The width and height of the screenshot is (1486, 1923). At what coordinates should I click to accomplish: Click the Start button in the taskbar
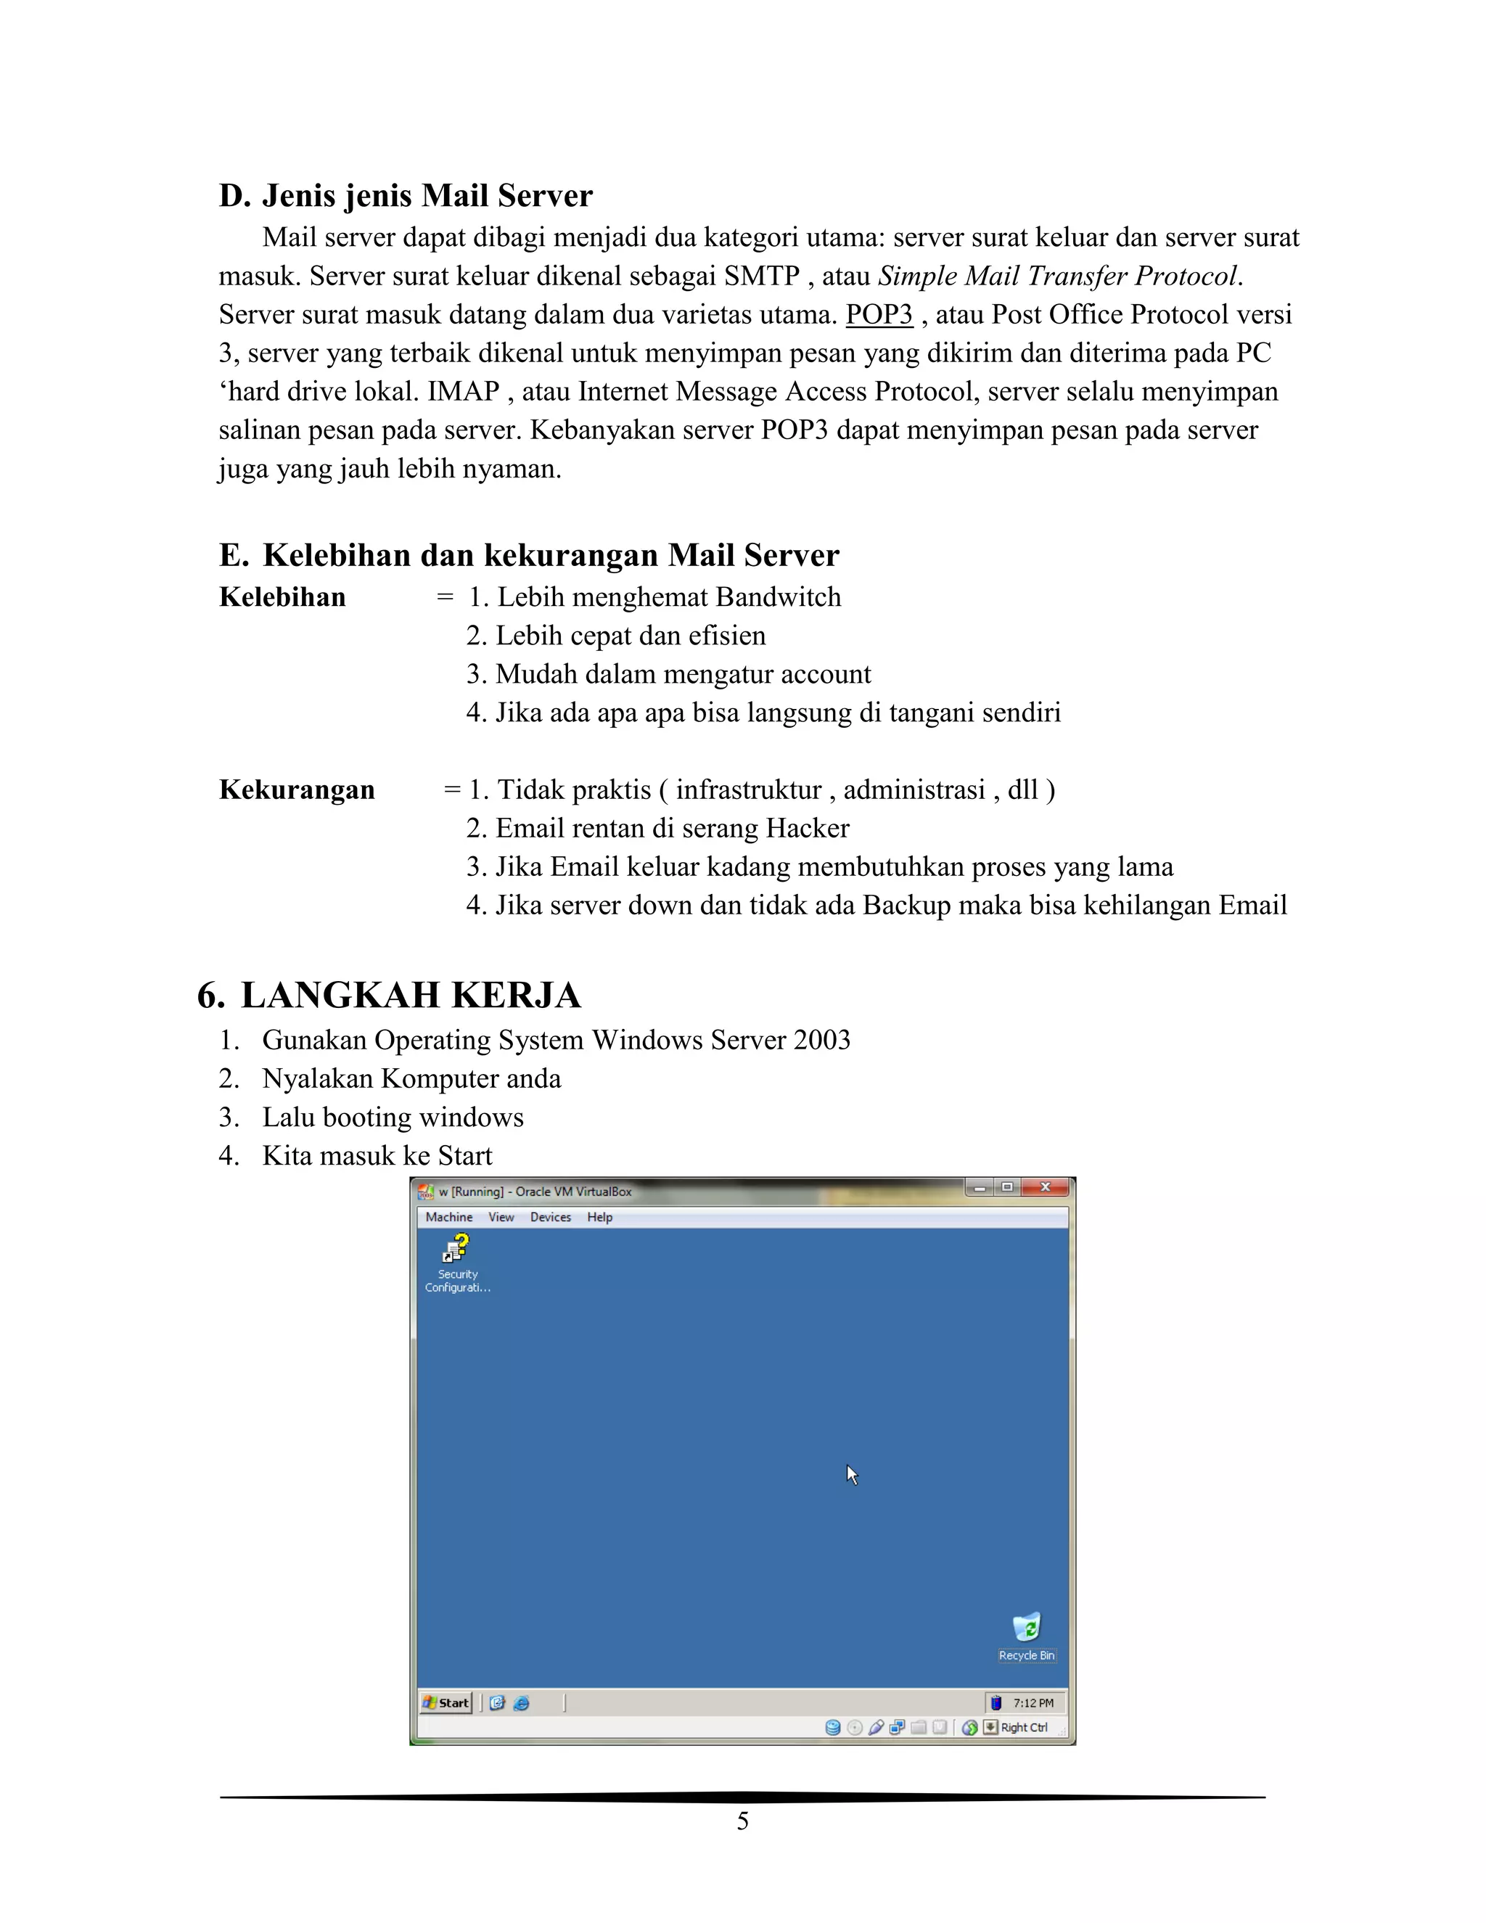pyautogui.click(x=446, y=1702)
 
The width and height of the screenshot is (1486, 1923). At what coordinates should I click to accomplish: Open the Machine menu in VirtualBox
pyautogui.click(x=449, y=1217)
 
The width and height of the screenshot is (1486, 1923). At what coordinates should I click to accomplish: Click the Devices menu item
pyautogui.click(x=550, y=1217)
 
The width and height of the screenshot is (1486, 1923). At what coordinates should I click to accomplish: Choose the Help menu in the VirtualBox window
pyautogui.click(x=599, y=1217)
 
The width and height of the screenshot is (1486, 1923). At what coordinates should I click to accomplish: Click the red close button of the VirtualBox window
pyautogui.click(x=1045, y=1188)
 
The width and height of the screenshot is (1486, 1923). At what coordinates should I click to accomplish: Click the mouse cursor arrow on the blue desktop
pyautogui.click(x=850, y=1473)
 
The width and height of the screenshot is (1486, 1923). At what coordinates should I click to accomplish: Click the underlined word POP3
pyautogui.click(x=879, y=314)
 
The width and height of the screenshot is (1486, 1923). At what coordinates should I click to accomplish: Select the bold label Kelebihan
pyautogui.click(x=282, y=597)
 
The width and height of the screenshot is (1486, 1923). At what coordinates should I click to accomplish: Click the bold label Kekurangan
pyautogui.click(x=297, y=790)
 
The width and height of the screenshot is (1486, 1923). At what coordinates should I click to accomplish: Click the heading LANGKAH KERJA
pyautogui.click(x=410, y=995)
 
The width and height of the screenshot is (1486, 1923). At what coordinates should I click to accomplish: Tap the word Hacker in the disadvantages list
pyautogui.click(x=808, y=829)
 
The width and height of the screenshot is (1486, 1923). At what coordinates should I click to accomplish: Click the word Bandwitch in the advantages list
pyautogui.click(x=779, y=597)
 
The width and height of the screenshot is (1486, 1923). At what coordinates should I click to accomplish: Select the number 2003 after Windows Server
pyautogui.click(x=821, y=1040)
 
